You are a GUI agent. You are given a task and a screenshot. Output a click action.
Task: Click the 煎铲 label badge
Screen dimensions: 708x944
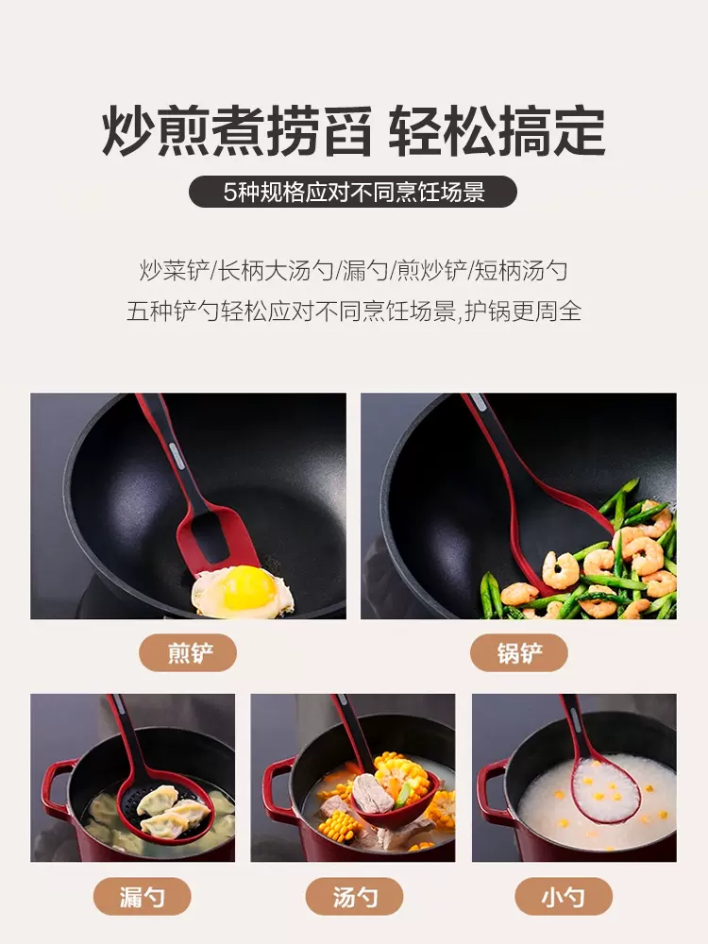pos(188,652)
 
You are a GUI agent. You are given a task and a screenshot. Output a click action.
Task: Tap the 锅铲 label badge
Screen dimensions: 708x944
pos(519,652)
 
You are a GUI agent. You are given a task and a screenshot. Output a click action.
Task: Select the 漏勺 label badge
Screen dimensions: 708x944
pos(143,897)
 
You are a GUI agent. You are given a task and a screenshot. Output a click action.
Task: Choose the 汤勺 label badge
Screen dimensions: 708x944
pos(354,897)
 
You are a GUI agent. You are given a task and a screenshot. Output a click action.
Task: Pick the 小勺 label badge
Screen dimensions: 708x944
pos(564,897)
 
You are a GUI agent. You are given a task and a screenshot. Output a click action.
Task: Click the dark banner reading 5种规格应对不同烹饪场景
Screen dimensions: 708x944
pos(353,192)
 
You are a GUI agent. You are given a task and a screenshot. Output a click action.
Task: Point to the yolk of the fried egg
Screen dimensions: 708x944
pos(247,587)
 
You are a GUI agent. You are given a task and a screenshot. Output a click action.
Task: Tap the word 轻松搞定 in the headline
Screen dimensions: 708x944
pos(497,130)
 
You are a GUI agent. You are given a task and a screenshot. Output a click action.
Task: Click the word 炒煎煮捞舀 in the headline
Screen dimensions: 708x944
pos(237,130)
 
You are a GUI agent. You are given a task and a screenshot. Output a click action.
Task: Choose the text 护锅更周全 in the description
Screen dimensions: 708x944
pos(523,312)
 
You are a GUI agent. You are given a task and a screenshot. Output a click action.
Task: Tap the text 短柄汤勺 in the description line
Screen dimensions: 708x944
pos(521,271)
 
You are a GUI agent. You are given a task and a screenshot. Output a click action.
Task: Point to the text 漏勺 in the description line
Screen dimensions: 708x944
pos(364,271)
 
